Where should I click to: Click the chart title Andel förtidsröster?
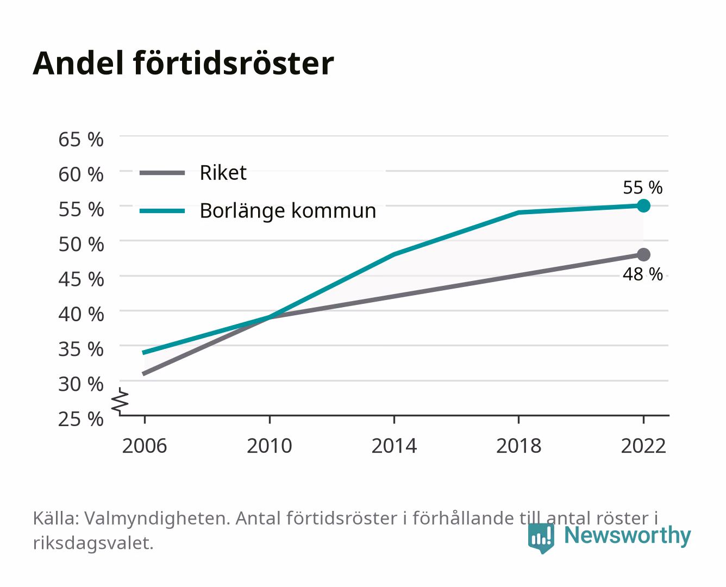[x=183, y=63]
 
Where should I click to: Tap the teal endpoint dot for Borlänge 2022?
[x=643, y=205]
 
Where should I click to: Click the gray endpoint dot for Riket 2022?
[x=643, y=254]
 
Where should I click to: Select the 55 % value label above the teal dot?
[x=642, y=188]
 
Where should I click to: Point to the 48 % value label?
[x=642, y=274]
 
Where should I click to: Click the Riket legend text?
[x=223, y=172]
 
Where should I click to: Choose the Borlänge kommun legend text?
[x=288, y=211]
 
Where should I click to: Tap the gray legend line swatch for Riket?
[x=162, y=173]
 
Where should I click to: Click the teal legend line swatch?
[x=162, y=211]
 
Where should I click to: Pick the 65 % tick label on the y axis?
[x=81, y=140]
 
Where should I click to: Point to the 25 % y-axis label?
[x=81, y=419]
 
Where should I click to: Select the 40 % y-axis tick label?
[x=81, y=314]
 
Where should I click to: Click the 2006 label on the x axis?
[x=145, y=446]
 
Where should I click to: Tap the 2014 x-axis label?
[x=394, y=446]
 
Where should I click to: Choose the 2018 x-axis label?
[x=518, y=446]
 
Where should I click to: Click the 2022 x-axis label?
[x=643, y=446]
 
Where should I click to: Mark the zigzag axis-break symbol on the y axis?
[x=120, y=402]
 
